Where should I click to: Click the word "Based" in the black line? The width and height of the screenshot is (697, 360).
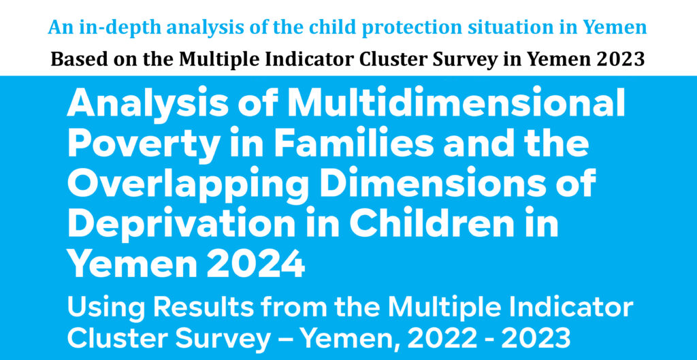click(73, 59)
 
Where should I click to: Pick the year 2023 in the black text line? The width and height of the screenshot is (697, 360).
click(622, 59)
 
